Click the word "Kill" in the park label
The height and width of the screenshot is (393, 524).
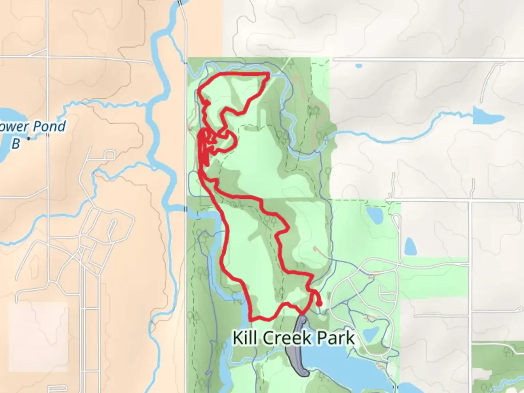245,338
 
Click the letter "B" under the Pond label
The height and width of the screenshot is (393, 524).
15,144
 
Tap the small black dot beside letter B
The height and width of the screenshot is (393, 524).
29,139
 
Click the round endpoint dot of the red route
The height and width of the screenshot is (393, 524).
319,303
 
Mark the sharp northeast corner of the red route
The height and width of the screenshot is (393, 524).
269,74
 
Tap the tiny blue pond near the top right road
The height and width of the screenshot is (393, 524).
359,66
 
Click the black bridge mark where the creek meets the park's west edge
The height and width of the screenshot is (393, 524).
186,209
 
